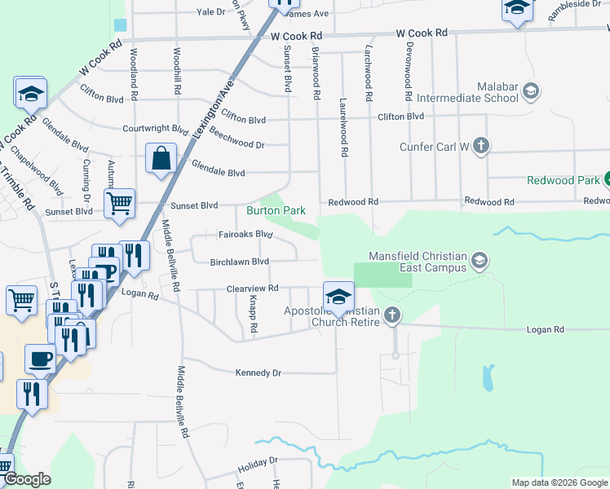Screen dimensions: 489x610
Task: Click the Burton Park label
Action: coord(276,210)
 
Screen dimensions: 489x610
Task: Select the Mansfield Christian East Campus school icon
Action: coord(480,262)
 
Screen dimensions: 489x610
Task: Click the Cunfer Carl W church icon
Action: coord(481,147)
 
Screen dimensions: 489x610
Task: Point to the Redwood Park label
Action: coord(563,180)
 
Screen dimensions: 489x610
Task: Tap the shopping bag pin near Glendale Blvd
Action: coord(161,159)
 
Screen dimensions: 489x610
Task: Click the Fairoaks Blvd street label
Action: coord(245,234)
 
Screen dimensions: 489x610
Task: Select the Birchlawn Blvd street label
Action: coord(239,262)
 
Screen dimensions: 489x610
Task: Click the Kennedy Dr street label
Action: coord(258,372)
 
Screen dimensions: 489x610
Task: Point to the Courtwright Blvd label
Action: coord(156,128)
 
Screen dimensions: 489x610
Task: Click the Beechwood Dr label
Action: coord(237,138)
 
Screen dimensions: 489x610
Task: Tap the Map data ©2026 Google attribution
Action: coord(559,482)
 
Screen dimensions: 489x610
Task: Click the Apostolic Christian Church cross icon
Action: coord(393,315)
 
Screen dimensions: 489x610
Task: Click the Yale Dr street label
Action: coord(210,12)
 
